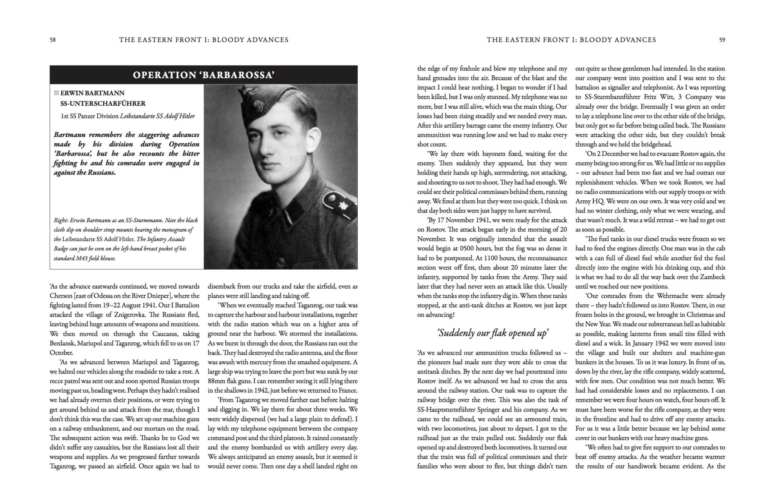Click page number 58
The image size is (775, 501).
tap(53, 40)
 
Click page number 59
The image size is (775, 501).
tap(722, 40)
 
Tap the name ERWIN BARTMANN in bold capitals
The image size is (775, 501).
tap(92, 93)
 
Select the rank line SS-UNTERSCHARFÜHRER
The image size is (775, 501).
tap(103, 103)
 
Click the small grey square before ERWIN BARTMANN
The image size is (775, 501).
tap(56, 93)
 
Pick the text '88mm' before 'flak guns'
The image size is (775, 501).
tap(216, 381)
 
